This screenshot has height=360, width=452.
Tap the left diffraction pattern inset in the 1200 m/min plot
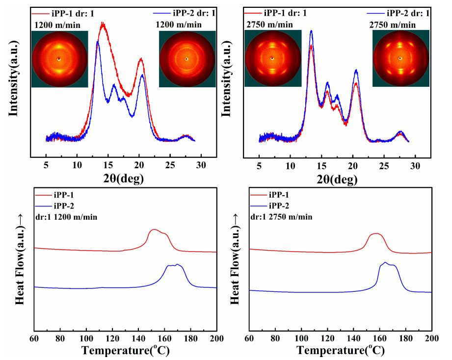click(59, 59)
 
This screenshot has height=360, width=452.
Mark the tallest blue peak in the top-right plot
click(311, 31)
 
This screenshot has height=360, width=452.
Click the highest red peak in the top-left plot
click(103, 23)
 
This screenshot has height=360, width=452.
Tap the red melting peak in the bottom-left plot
click(155, 230)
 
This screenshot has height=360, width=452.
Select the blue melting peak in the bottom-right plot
click(386, 263)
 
